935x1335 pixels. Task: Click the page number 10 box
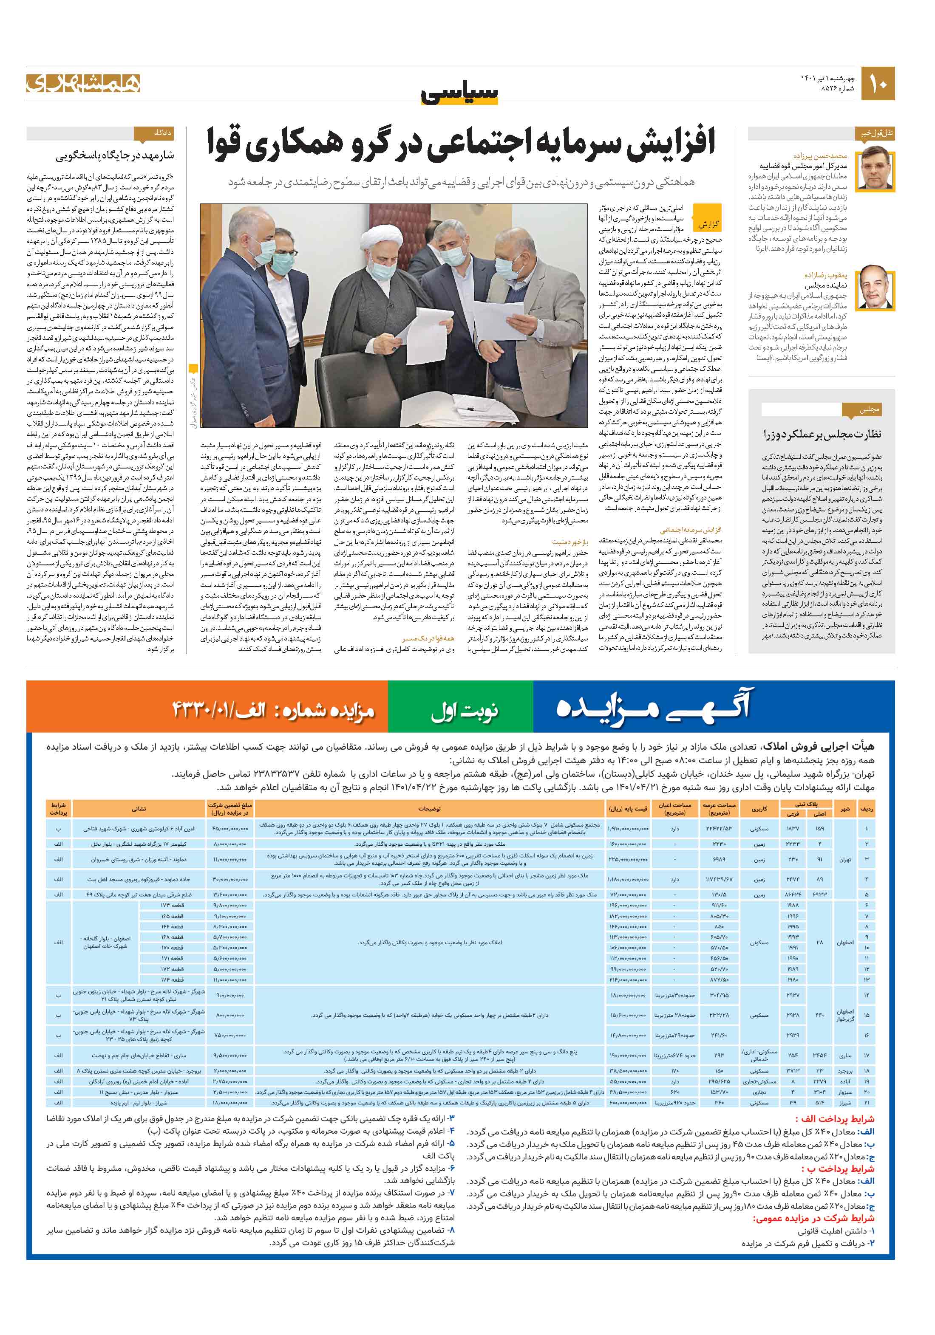[877, 84]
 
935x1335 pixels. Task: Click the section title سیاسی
[460, 93]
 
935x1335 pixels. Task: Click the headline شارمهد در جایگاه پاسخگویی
[115, 156]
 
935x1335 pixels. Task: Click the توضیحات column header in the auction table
[429, 808]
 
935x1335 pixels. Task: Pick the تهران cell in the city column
[844, 859]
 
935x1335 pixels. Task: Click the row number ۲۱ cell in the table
[866, 1102]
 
